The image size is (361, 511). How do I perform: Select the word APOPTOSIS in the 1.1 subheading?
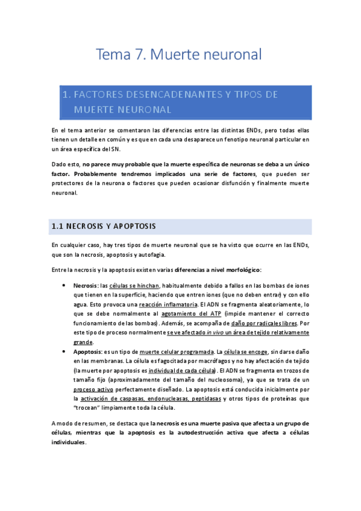click(x=131, y=227)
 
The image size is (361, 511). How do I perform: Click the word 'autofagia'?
click(x=148, y=254)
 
